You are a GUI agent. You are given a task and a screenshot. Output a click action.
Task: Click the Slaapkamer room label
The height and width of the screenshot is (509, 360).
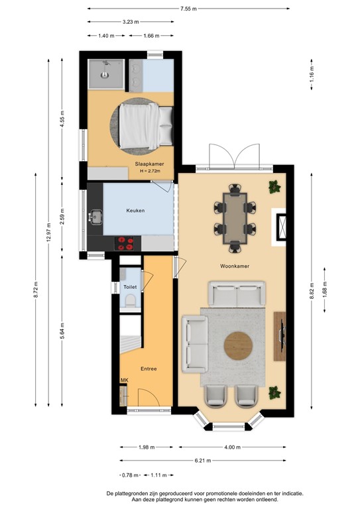149,164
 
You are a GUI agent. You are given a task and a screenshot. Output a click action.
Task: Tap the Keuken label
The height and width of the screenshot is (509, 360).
136,211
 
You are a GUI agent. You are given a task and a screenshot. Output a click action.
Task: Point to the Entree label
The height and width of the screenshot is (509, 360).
148,368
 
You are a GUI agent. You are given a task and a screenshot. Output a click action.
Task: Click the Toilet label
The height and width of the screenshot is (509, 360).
130,286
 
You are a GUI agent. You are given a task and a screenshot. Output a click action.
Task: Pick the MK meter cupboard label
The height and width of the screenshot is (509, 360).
124,380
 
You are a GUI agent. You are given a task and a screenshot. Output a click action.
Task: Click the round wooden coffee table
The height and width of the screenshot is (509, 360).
239,345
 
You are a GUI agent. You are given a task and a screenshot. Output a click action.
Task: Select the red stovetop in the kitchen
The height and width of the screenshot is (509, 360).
125,243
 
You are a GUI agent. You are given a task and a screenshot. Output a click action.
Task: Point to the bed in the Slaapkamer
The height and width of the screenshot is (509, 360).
147,126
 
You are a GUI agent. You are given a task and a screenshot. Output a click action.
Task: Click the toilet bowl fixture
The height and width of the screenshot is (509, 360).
130,302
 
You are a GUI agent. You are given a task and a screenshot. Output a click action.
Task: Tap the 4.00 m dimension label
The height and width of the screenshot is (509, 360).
232,446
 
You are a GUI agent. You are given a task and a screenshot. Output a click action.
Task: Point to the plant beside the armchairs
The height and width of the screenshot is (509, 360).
273,394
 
